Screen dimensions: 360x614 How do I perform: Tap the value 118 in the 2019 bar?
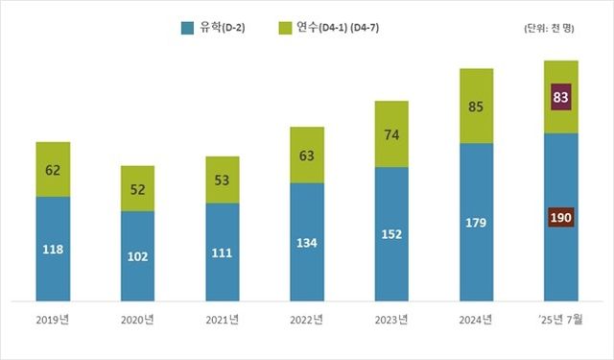coord(53,250)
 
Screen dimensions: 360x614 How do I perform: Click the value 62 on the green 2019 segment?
coord(53,171)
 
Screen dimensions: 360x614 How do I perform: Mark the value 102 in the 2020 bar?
coord(137,256)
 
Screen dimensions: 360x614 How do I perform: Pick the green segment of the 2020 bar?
coord(137,188)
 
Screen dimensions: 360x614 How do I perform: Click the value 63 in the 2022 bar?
coord(307,155)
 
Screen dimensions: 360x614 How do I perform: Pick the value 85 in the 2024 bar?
coord(476,107)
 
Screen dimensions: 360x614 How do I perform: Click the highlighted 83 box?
coord(560,96)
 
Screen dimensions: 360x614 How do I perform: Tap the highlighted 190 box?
coord(560,218)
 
